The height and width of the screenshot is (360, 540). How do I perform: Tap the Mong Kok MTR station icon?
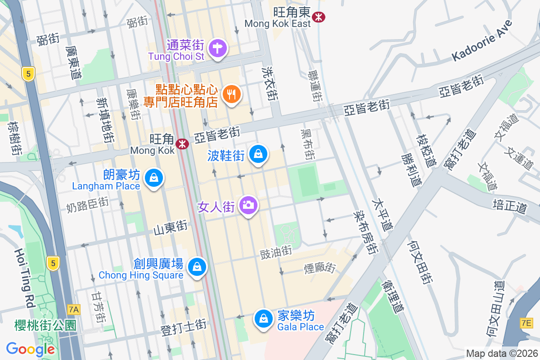[182, 144]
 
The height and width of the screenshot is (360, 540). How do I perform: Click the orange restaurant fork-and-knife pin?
[232, 94]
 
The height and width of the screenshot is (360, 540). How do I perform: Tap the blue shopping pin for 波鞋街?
[258, 154]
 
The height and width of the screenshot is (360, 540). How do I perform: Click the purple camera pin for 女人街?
[247, 206]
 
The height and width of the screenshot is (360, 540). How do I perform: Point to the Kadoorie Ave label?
[482, 40]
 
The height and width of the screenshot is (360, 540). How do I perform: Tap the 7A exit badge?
[74, 310]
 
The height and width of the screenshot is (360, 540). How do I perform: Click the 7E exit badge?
[526, 323]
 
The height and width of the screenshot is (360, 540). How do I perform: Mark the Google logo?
[30, 349]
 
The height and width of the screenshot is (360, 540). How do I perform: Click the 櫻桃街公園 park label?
[39, 325]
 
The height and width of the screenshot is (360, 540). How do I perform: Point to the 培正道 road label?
[510, 207]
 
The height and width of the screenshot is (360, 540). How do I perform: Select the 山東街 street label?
[170, 228]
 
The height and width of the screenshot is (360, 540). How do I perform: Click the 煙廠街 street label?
[320, 268]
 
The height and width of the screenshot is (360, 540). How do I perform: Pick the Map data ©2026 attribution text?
[501, 354]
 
